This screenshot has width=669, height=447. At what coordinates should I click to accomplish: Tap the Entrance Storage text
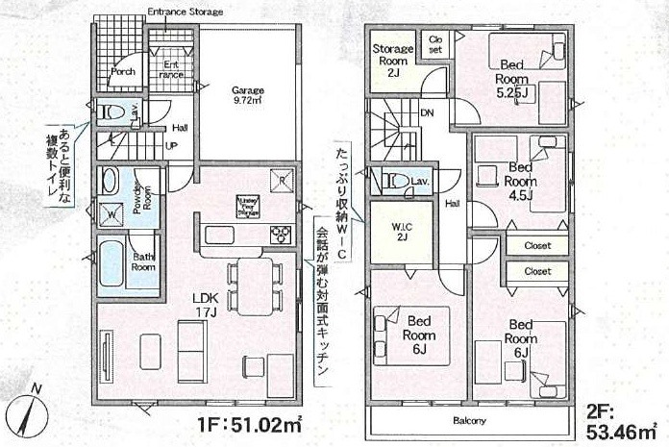186,12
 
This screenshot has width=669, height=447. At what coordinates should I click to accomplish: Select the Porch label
122,70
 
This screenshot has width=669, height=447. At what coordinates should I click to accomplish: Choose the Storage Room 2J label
392,60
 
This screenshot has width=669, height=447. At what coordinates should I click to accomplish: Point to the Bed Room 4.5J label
520,180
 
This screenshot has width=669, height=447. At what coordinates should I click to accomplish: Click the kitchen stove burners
280,234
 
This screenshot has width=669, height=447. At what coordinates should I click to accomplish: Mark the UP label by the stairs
172,145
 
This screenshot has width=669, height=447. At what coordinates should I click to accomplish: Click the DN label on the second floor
427,112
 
